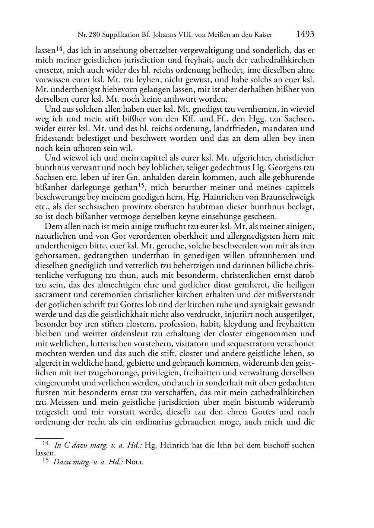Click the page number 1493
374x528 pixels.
[x=305, y=35]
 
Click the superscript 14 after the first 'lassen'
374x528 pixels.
[x=61, y=48]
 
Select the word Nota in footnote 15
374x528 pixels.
[x=134, y=462]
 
